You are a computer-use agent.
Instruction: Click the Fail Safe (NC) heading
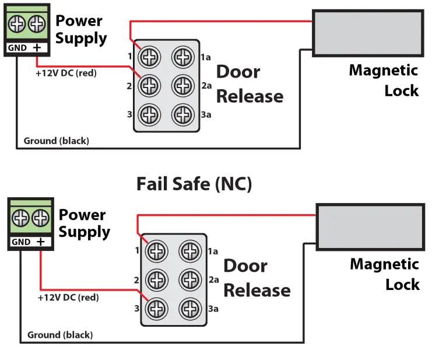pyautogui.click(x=194, y=184)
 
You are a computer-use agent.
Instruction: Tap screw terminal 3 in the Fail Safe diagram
pyautogui.click(x=157, y=307)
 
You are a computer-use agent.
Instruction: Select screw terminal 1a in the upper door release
pyautogui.click(x=182, y=57)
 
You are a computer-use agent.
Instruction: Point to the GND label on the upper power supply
pyautogui.click(x=17, y=48)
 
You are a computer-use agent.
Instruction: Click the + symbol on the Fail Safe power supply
pyautogui.click(x=40, y=242)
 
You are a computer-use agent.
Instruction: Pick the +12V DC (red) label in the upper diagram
pyautogui.click(x=66, y=73)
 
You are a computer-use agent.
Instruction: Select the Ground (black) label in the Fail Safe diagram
pyautogui.click(x=60, y=335)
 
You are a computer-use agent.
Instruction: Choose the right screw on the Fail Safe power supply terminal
pyautogui.click(x=40, y=219)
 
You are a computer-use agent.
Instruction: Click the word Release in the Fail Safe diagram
pyautogui.click(x=257, y=290)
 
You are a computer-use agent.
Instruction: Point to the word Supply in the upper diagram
pyautogui.click(x=81, y=39)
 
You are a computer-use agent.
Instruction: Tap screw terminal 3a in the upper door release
pyautogui.click(x=182, y=114)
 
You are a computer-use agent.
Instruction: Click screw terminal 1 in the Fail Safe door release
pyautogui.click(x=157, y=251)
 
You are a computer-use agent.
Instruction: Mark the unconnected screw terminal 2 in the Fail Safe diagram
pyautogui.click(x=157, y=279)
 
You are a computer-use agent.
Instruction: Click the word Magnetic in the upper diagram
pyautogui.click(x=383, y=71)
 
